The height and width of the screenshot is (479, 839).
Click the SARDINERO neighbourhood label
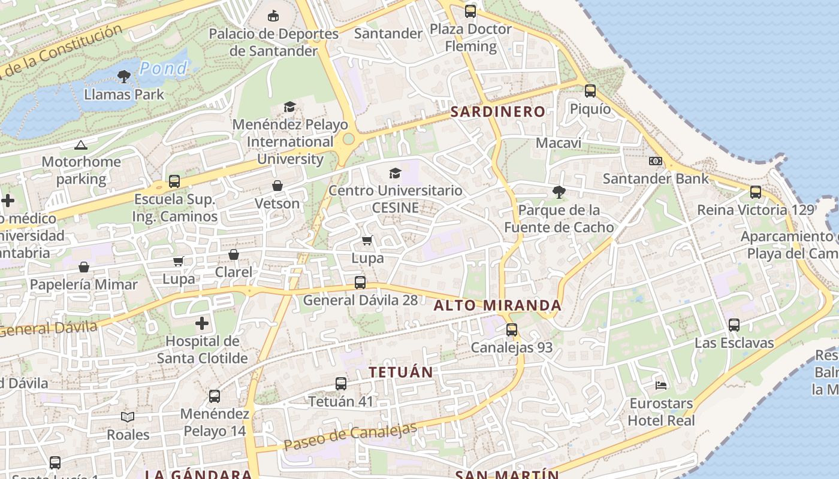pos(497,111)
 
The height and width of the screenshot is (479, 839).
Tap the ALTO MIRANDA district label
pos(497,305)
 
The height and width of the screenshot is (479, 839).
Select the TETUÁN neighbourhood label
pos(400,372)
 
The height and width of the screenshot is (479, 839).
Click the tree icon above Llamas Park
pos(124,77)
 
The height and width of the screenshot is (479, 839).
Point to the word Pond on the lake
pos(163,68)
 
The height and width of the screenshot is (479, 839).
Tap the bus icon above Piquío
pos(590,91)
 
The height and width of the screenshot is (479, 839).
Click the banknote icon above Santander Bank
pos(655,161)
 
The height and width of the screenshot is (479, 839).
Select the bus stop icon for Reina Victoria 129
pos(756,192)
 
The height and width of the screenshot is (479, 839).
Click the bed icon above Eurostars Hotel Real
pos(661,385)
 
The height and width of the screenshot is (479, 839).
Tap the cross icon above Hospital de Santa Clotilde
pos(202,324)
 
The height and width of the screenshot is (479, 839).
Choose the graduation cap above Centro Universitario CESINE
pos(395,173)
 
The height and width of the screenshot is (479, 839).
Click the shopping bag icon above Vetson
pos(277,186)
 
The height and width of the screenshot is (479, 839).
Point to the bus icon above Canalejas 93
pos(511,330)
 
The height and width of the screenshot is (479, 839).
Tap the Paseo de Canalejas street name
pos(350,438)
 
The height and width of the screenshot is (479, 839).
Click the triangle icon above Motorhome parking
pos(81,144)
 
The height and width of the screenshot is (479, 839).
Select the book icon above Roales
pos(128,417)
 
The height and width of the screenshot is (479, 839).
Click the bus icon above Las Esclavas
pos(734,325)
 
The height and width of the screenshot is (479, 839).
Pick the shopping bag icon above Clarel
pos(234,254)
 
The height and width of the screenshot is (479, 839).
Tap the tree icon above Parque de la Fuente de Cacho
pos(559,192)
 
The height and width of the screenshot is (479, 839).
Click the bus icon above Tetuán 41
pos(341,384)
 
